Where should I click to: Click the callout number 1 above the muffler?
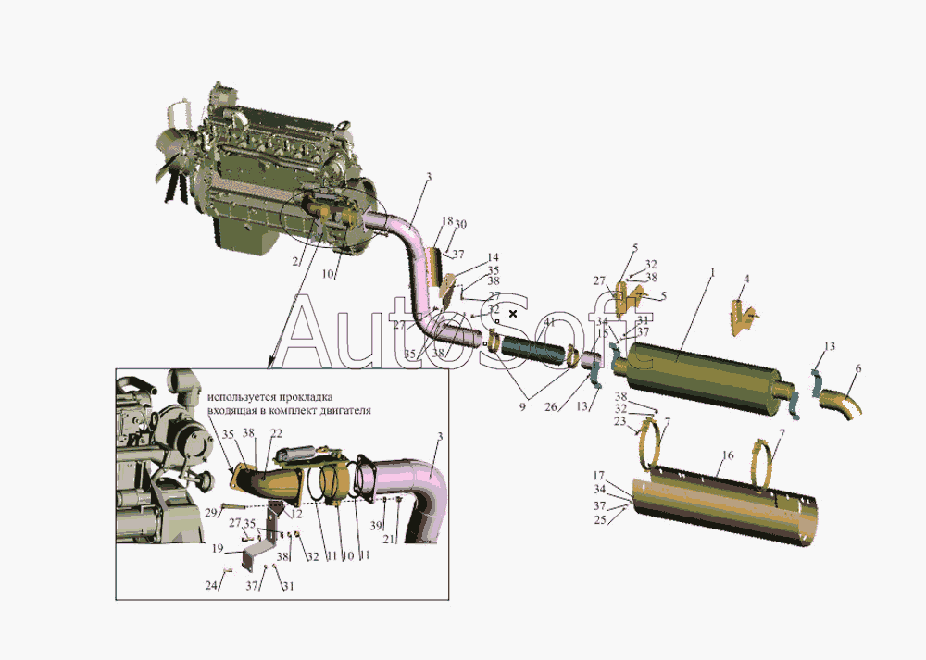tap(712, 273)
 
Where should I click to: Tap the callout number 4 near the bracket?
tap(746, 278)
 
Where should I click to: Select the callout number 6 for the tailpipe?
tap(857, 368)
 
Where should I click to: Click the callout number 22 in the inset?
tap(276, 433)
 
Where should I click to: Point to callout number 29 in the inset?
tap(211, 512)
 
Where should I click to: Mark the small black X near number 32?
tap(513, 314)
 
